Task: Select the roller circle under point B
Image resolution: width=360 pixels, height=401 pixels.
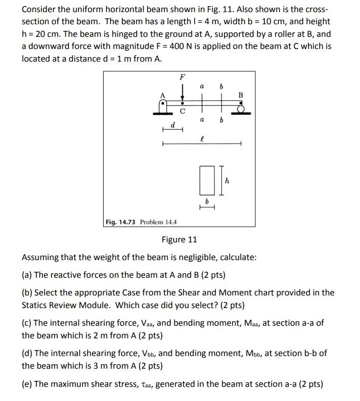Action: coord(241,108)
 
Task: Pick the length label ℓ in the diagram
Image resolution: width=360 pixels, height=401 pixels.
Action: coord(202,137)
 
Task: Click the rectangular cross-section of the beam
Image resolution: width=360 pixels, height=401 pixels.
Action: coord(205,180)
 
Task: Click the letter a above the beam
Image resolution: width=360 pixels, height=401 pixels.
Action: coord(202,87)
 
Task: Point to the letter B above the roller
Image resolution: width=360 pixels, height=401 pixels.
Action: coord(241,94)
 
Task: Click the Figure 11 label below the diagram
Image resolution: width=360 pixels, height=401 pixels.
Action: coord(179,239)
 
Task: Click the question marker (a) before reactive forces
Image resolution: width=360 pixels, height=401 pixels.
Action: coord(27,275)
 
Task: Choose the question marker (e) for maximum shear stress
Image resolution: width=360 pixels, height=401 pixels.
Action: coord(27,384)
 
